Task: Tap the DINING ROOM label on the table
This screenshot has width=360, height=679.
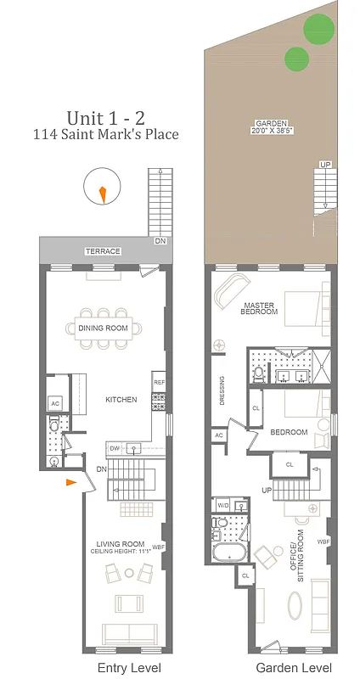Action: (x=103, y=328)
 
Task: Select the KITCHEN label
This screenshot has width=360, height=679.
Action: (x=121, y=400)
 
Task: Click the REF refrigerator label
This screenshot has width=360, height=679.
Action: (x=159, y=383)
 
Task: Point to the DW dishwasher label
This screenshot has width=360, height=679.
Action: (x=112, y=448)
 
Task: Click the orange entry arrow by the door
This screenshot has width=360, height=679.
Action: (x=70, y=482)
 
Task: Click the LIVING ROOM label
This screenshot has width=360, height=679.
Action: (x=120, y=544)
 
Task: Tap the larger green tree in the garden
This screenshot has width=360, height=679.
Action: (x=320, y=29)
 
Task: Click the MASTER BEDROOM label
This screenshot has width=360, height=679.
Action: (x=260, y=307)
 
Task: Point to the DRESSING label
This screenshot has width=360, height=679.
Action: (x=222, y=391)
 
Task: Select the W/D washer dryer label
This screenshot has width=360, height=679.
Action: (x=222, y=506)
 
